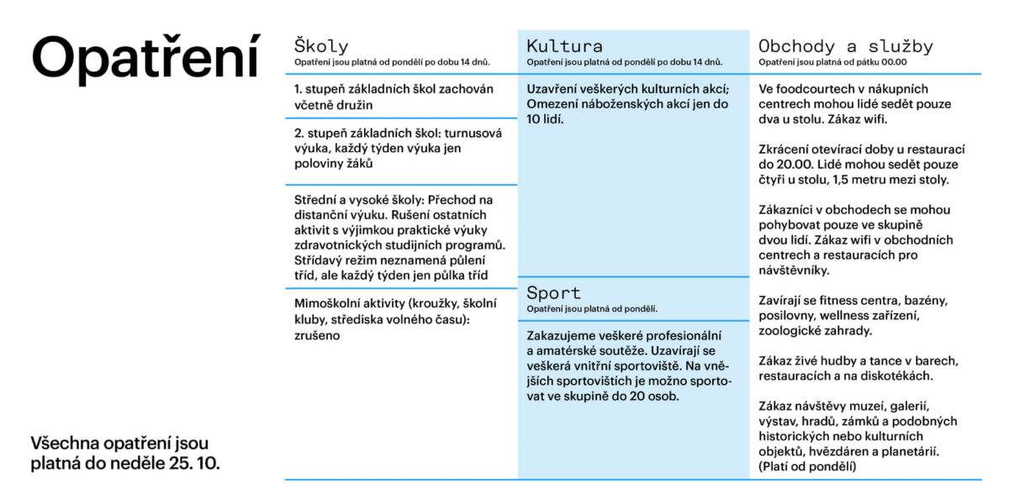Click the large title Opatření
(145, 59)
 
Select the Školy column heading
(321, 46)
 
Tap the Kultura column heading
(564, 46)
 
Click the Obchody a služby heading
(845, 46)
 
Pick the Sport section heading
(553, 293)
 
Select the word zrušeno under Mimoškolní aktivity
(316, 334)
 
